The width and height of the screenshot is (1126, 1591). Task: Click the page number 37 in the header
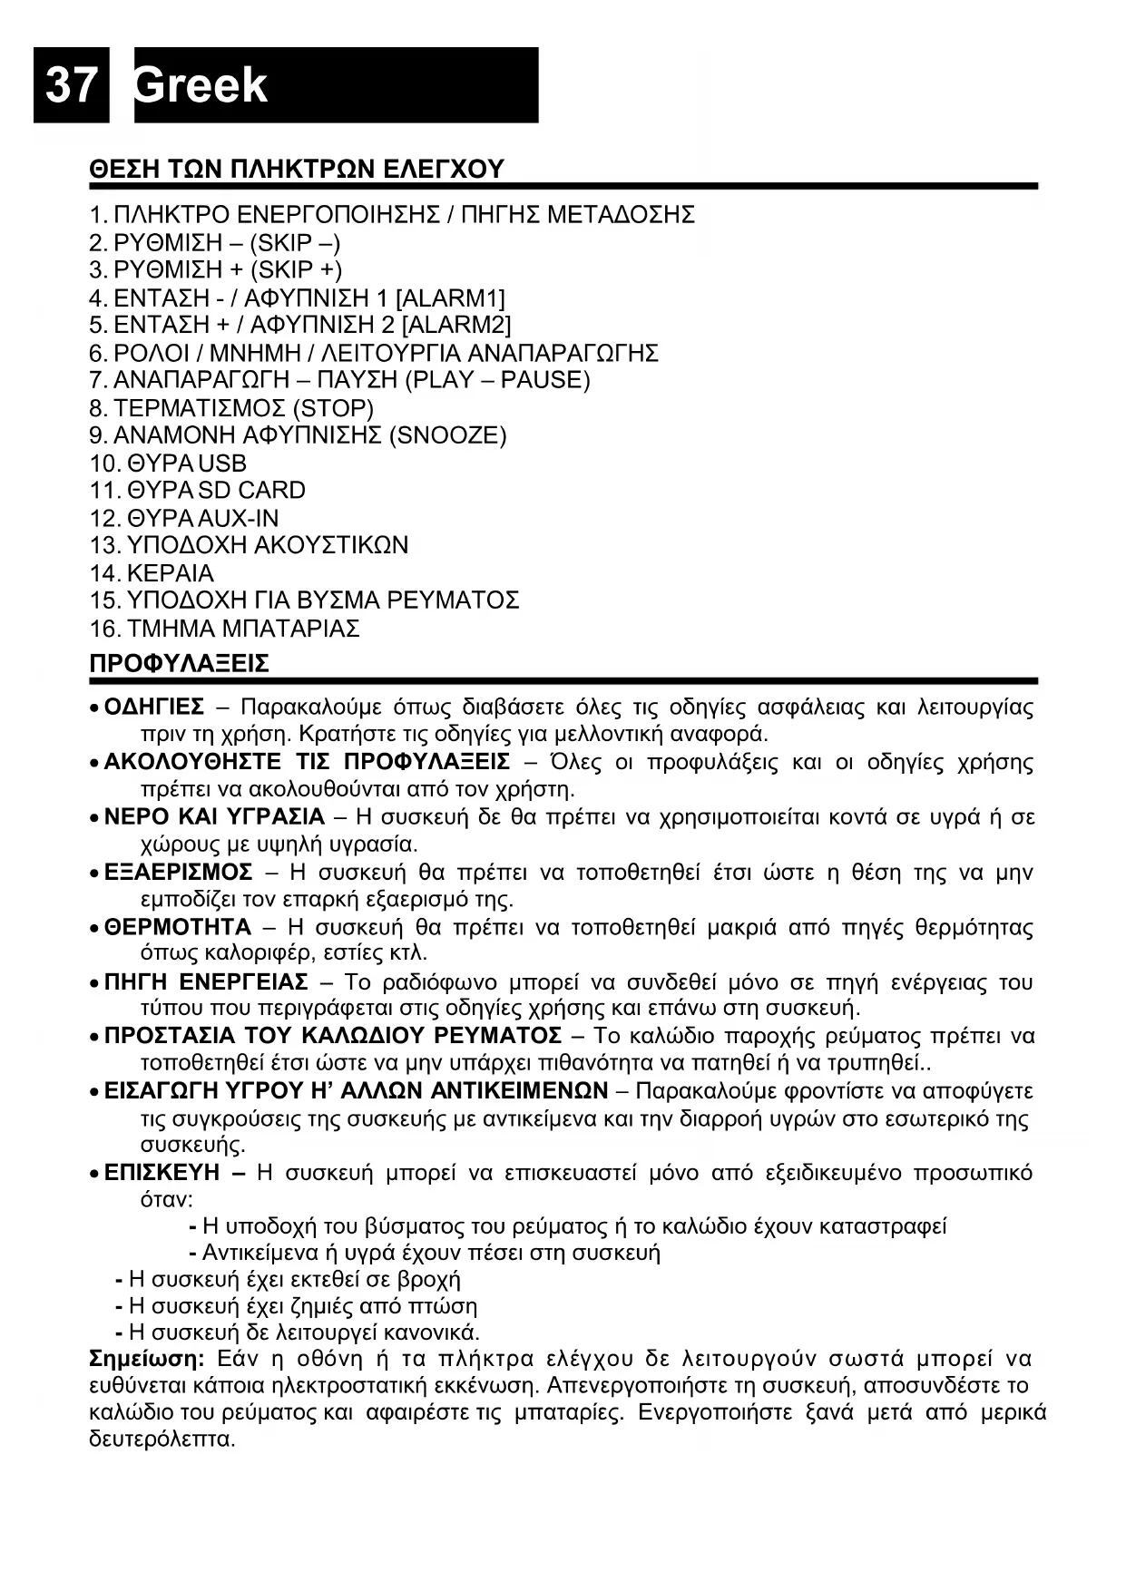71,85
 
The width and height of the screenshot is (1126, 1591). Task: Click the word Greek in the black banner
201,85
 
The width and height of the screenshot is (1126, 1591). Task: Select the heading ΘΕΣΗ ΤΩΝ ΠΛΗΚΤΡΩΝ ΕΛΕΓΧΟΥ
297,170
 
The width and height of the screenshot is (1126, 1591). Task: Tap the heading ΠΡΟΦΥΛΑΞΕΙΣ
180,664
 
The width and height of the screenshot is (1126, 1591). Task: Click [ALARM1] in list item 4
450,298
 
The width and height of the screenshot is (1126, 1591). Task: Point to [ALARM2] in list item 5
455,325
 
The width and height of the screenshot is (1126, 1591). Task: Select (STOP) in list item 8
333,408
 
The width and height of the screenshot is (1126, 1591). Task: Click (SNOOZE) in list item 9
447,435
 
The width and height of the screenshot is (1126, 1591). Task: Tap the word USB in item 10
222,464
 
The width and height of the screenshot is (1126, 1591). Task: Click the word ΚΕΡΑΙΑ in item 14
171,573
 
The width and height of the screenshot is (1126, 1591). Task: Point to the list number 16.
104,629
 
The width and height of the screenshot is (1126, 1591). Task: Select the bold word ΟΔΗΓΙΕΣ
154,708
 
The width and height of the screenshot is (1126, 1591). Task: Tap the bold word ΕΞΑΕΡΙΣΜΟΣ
179,873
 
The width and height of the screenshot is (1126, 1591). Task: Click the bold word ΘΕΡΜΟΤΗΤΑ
178,927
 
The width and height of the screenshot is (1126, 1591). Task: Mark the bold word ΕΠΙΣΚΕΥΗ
162,1173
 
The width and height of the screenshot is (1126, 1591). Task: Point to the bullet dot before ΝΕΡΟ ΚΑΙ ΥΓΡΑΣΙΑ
94,818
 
